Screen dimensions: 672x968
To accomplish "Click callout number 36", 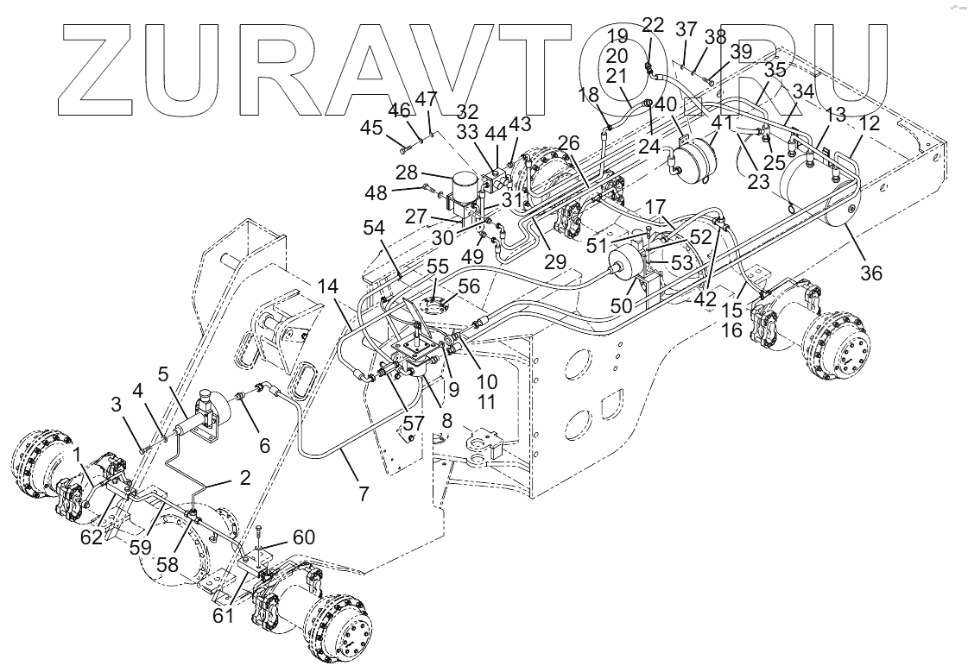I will (870, 273).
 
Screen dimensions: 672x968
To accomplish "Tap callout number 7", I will (364, 494).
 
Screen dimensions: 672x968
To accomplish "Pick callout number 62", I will (92, 536).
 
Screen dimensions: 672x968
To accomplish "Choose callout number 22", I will (654, 25).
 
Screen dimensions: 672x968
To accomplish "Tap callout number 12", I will (870, 123).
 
